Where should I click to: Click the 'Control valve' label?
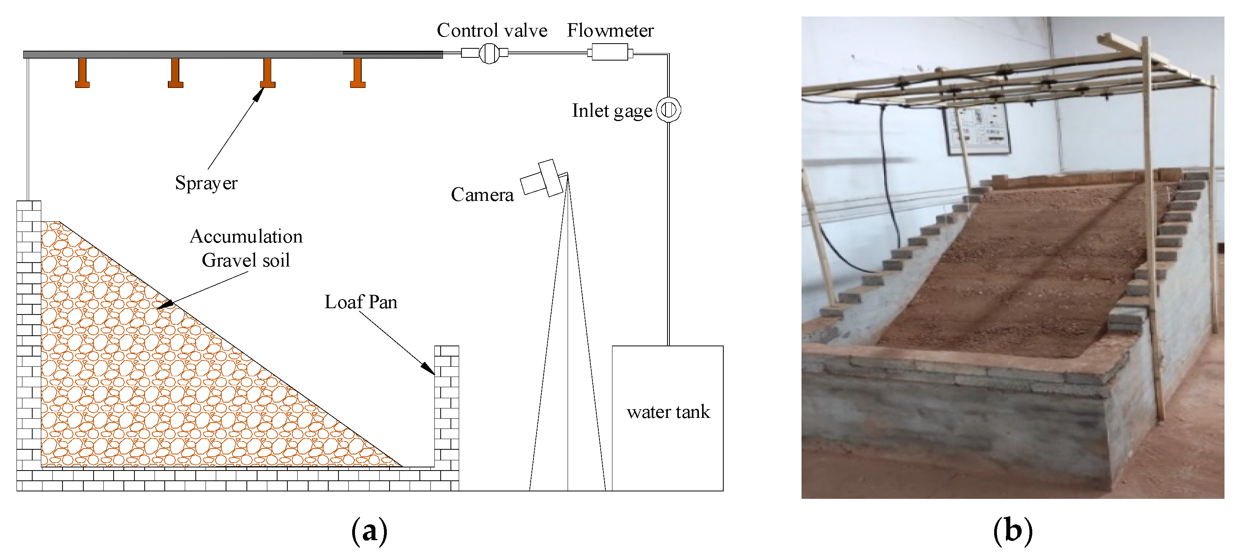pos(492,30)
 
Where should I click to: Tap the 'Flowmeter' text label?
pos(610,30)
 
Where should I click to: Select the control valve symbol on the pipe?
pos(489,53)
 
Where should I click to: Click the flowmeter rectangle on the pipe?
pos(609,52)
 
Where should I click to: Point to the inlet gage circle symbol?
pos(669,110)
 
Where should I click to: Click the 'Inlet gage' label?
pos(611,111)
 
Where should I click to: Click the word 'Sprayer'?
pos(206,183)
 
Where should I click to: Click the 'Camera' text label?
pos(482,195)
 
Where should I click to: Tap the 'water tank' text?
pos(668,412)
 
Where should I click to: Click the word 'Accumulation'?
pos(246,237)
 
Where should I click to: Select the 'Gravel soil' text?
pos(246,260)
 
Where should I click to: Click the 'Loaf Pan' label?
pos(361,302)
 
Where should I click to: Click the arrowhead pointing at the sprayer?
pos(259,94)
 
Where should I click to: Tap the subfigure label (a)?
pos(369,531)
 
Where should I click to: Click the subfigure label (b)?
pos(1013,531)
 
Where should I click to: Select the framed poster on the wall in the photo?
pos(976,129)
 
